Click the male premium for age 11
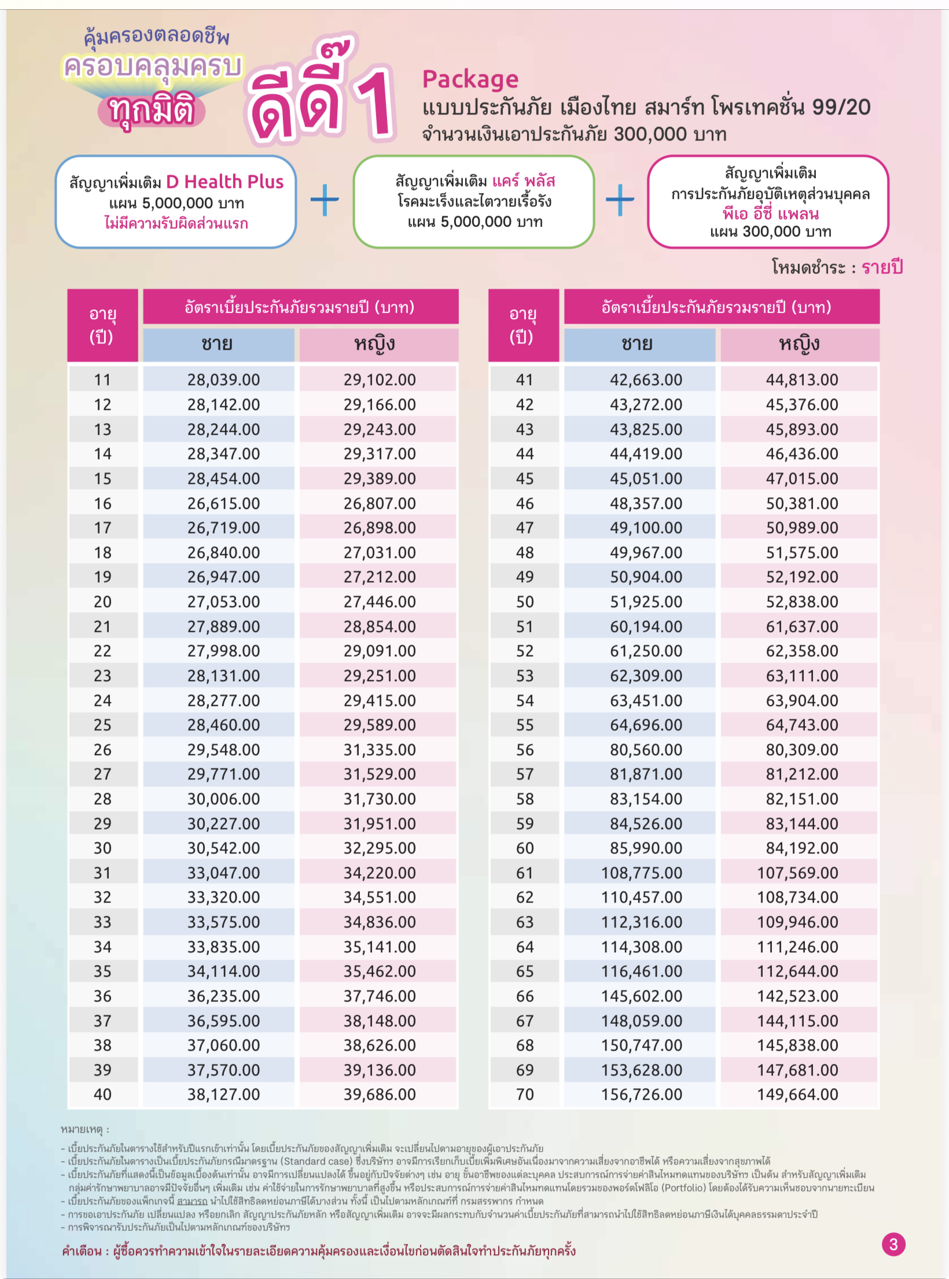pyautogui.click(x=223, y=380)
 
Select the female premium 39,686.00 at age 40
pyautogui.click(x=380, y=1094)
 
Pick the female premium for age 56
pyautogui.click(x=802, y=749)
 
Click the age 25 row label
pyautogui.click(x=102, y=724)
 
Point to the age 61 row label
pyautogui.click(x=524, y=873)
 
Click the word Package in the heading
pyautogui.click(x=470, y=79)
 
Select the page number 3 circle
pyautogui.click(x=893, y=1244)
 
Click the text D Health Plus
pyautogui.click(x=225, y=182)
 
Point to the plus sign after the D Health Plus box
pyautogui.click(x=325, y=200)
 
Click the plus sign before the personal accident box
pyautogui.click(x=620, y=200)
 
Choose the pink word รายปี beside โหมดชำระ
pyautogui.click(x=882, y=267)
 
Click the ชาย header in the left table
pyautogui.click(x=218, y=344)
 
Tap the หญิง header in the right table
pyautogui.click(x=799, y=344)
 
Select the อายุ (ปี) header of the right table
pyautogui.click(x=523, y=325)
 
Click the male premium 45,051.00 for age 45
pyautogui.click(x=646, y=479)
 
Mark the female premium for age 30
pyautogui.click(x=380, y=848)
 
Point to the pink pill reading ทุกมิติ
pyautogui.click(x=151, y=111)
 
